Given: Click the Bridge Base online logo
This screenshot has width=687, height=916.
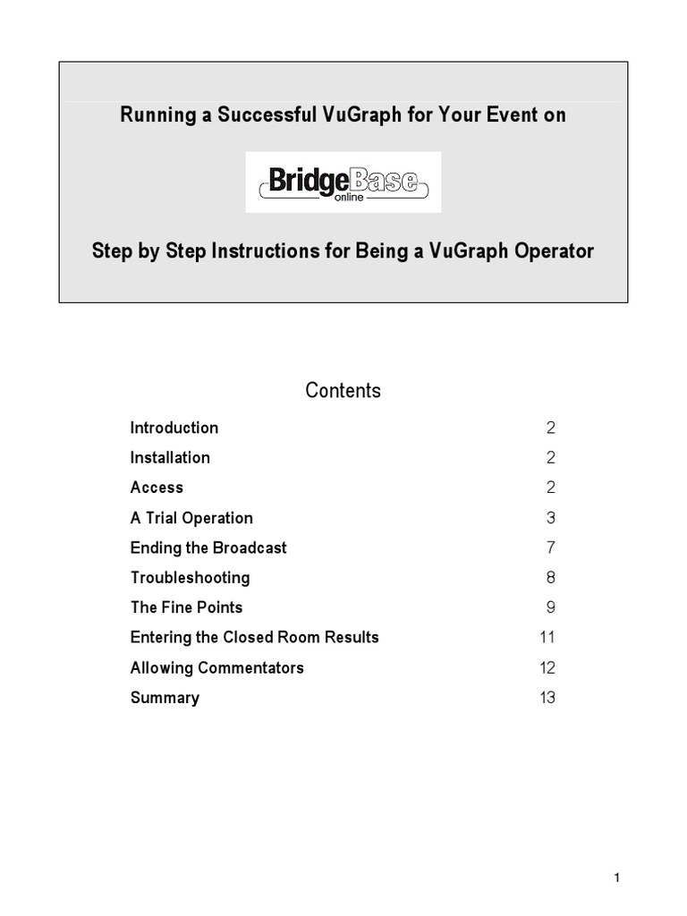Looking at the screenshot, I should pyautogui.click(x=343, y=182).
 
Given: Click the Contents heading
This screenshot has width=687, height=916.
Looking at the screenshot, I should pyautogui.click(x=343, y=391).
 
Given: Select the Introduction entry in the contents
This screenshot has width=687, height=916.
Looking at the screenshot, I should pyautogui.click(x=174, y=428).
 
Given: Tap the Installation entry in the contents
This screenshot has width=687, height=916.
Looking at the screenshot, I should pyautogui.click(x=170, y=458).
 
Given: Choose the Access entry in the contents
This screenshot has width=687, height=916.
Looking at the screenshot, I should pyautogui.click(x=157, y=488).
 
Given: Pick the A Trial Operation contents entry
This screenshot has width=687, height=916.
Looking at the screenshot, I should pyautogui.click(x=191, y=518).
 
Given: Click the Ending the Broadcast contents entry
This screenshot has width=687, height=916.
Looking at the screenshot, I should pyautogui.click(x=208, y=547).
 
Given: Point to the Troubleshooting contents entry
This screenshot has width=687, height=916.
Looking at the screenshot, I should pyautogui.click(x=190, y=578).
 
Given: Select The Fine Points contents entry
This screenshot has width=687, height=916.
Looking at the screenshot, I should pyautogui.click(x=186, y=607).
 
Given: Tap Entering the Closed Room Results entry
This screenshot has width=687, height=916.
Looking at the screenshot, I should pyautogui.click(x=254, y=638).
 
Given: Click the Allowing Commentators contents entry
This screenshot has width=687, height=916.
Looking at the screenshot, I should pyautogui.click(x=216, y=667).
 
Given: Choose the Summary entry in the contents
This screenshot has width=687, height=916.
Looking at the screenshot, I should pyautogui.click(x=165, y=698).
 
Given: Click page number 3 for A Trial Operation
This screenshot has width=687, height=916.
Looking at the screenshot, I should pyautogui.click(x=551, y=518).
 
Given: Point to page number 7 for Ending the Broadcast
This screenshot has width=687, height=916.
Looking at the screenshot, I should pyautogui.click(x=551, y=547).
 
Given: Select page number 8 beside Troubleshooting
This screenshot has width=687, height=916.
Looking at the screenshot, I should pyautogui.click(x=551, y=578).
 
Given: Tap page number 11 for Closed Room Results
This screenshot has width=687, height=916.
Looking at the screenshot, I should pyautogui.click(x=547, y=638).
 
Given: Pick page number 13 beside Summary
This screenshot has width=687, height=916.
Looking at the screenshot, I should pyautogui.click(x=547, y=698).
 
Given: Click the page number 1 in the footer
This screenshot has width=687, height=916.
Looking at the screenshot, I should pyautogui.click(x=617, y=878).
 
